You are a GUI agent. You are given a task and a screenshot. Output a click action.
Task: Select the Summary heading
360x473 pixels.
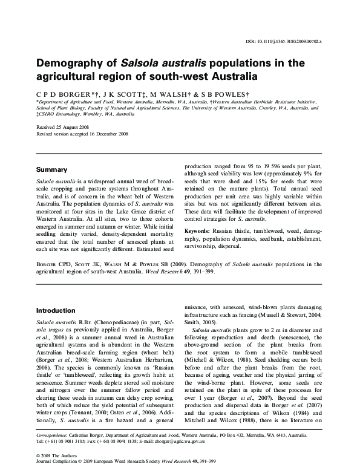tap(51, 170)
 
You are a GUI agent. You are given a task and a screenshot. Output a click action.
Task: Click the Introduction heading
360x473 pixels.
tap(56, 310)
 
